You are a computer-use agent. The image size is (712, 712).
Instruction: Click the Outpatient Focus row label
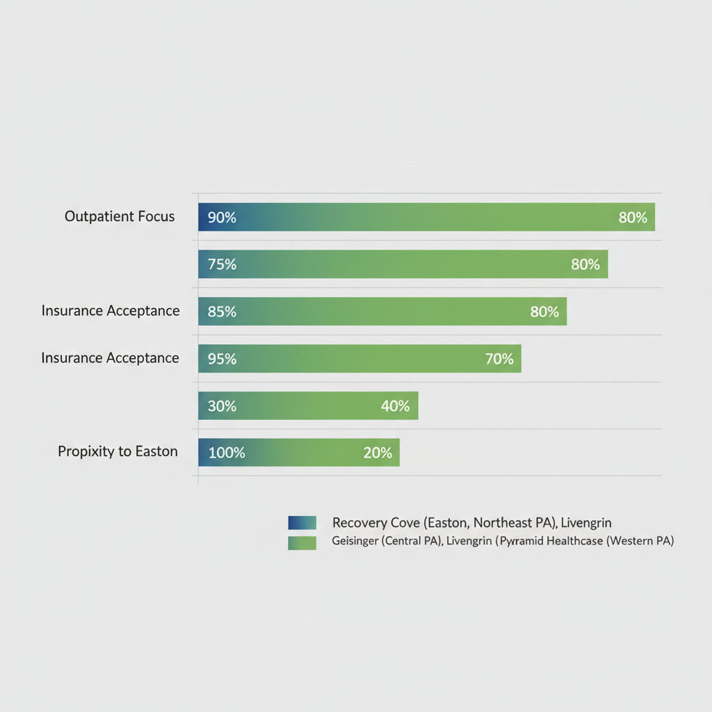(x=120, y=217)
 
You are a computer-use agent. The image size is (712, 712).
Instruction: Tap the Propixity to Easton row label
(x=118, y=452)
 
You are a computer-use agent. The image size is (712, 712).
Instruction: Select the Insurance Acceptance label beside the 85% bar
(x=111, y=311)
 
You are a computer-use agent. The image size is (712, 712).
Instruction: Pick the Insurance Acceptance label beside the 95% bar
(x=111, y=358)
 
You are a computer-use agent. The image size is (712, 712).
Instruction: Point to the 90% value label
(x=222, y=218)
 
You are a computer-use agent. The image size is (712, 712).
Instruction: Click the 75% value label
(x=222, y=265)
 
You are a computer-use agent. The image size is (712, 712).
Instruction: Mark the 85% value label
(x=222, y=312)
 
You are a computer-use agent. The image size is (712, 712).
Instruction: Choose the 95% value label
(x=222, y=359)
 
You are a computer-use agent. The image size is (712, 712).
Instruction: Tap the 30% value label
(x=222, y=406)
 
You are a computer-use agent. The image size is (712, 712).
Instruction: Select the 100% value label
(x=227, y=453)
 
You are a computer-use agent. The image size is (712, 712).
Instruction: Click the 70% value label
(x=499, y=359)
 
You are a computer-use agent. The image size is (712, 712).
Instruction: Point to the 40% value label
(x=395, y=406)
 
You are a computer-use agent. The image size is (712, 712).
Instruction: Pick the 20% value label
(x=378, y=453)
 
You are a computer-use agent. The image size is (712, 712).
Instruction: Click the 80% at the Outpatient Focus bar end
(x=633, y=218)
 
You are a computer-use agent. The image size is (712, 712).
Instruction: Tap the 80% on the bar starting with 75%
(x=585, y=265)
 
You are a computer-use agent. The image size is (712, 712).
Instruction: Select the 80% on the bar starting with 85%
(x=544, y=312)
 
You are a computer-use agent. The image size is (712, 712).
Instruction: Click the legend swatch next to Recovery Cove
(x=302, y=523)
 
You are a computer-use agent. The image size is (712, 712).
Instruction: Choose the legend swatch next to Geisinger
(x=302, y=542)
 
